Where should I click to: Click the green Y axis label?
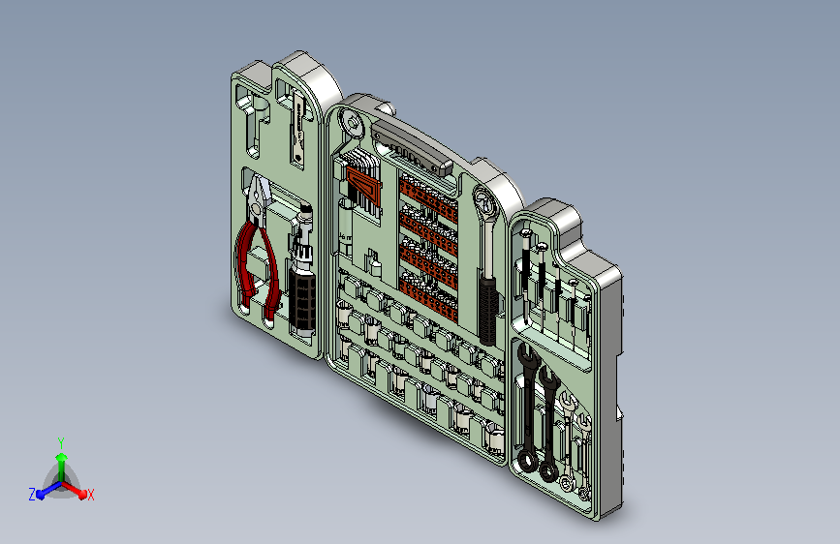tap(61, 442)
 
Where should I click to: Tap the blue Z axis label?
tap(32, 495)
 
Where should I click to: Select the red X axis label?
tap(90, 495)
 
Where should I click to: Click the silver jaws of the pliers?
tap(259, 198)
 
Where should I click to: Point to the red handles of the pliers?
tap(256, 268)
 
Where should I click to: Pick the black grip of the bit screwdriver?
tap(302, 298)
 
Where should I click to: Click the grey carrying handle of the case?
tap(412, 147)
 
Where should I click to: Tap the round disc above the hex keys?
tap(353, 124)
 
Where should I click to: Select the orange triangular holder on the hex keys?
tap(362, 185)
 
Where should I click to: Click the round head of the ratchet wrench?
tap(486, 204)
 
